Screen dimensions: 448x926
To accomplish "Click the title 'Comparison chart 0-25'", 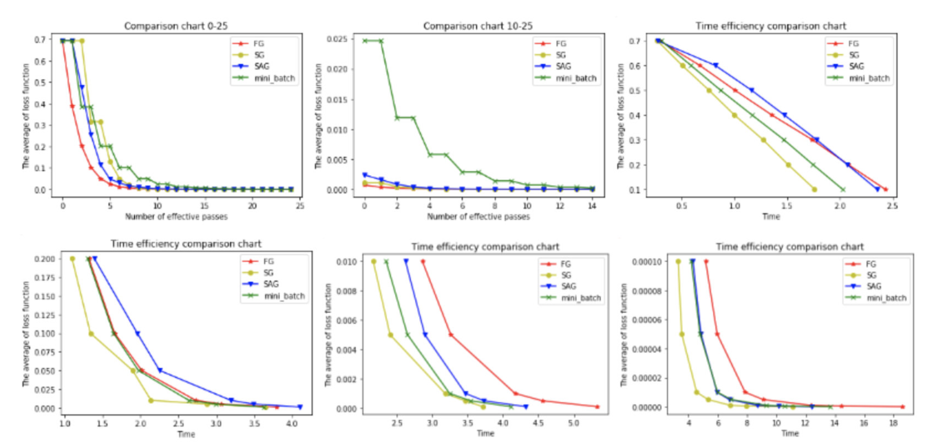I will pos(167,26).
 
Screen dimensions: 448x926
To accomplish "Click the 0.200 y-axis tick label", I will pos(45,259).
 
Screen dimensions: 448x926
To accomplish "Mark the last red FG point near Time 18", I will pos(902,407).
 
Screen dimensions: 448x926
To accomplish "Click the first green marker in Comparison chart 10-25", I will pos(364,41).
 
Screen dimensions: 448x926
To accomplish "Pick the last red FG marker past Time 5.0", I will pos(597,407).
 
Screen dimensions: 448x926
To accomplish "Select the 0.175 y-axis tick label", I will pos(45,277).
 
